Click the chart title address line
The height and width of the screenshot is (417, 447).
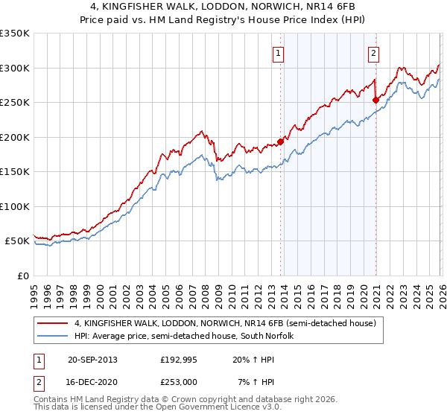[x=223, y=7]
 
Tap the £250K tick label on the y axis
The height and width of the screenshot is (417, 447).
[x=15, y=102]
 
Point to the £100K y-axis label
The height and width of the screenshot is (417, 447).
[x=15, y=206]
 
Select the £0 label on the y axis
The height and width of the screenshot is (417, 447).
[x=22, y=276]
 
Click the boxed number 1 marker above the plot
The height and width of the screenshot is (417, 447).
[x=278, y=53]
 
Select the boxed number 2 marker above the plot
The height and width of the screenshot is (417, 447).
[x=372, y=53]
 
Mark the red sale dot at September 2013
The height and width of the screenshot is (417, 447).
[x=280, y=141]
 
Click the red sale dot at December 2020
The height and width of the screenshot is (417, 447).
[x=375, y=100]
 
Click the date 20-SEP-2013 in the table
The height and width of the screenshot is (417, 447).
[x=92, y=360]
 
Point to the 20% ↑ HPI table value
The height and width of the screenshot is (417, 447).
[x=253, y=360]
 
